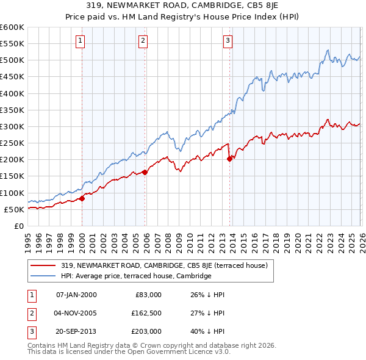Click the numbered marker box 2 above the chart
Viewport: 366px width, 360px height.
[x=143, y=41]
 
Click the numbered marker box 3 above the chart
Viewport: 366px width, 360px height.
[x=228, y=41]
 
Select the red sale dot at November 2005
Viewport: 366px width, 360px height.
[x=145, y=172]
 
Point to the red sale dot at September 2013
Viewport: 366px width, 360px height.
[x=230, y=159]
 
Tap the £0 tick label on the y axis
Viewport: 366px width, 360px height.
[x=19, y=226]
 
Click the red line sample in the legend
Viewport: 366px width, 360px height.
[x=43, y=265]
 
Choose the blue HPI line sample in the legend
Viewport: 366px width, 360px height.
[x=43, y=276]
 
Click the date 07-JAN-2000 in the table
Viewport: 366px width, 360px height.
[x=76, y=295]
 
